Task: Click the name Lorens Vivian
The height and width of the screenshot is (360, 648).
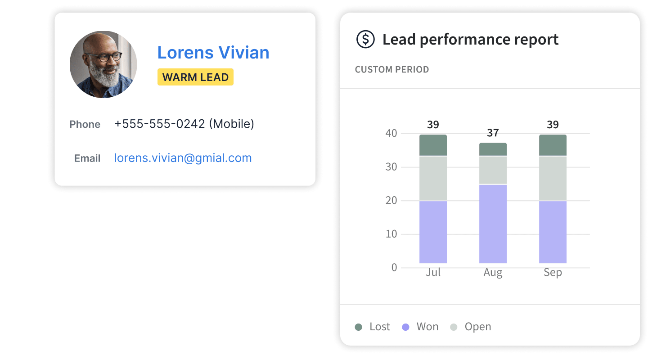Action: (213, 53)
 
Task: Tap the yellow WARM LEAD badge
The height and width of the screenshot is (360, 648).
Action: (195, 77)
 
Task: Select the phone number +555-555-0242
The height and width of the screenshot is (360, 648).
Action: (160, 124)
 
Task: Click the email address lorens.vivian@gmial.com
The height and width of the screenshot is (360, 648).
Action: (183, 158)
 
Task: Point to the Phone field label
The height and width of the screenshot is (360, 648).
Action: (85, 124)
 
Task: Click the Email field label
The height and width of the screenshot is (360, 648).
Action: (87, 158)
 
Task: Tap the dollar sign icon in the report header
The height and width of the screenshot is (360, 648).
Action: (365, 40)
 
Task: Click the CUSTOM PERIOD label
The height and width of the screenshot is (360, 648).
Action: (391, 70)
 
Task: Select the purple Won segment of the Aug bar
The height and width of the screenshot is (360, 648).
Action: (493, 224)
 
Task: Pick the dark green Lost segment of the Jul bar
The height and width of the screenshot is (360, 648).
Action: (433, 145)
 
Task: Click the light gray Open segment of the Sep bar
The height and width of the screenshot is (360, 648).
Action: (553, 178)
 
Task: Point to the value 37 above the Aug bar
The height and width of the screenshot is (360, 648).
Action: (493, 133)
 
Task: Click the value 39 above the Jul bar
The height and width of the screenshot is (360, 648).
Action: (433, 125)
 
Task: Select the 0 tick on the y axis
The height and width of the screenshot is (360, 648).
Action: (394, 268)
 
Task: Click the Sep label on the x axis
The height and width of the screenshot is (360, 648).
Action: (553, 273)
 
